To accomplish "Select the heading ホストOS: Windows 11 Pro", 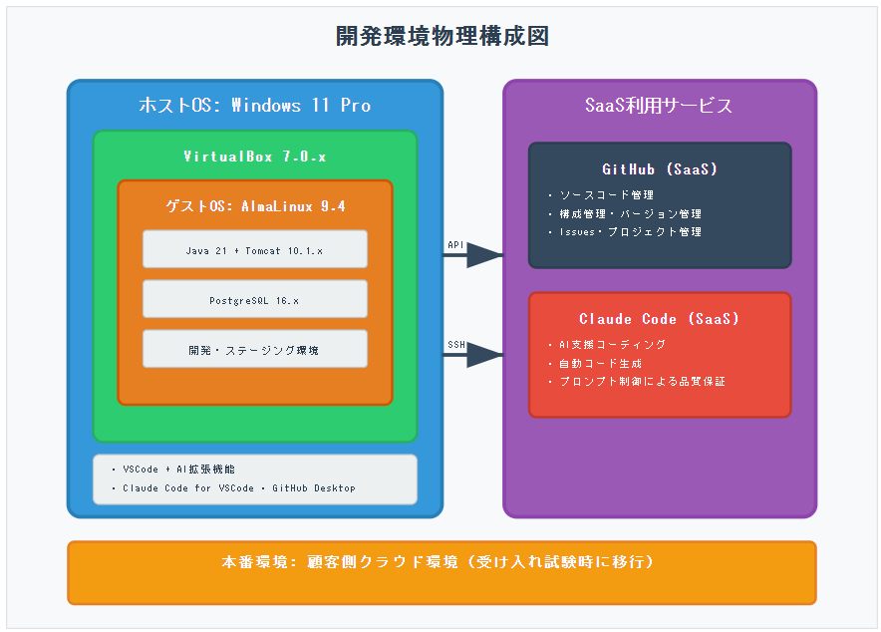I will click(x=254, y=106).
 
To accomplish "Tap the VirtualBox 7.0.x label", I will click(x=254, y=157).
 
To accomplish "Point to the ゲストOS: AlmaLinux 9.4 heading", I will click(x=255, y=206).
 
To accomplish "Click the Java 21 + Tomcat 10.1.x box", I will click(x=255, y=249).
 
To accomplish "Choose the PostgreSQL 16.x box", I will click(x=255, y=299).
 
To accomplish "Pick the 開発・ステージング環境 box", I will click(x=255, y=350).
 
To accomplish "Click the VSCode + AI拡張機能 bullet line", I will click(x=178, y=469).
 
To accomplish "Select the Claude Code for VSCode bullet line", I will click(x=238, y=488).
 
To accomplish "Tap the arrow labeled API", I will click(x=472, y=255).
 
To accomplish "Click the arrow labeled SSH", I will click(x=472, y=354).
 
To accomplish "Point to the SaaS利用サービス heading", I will click(x=659, y=106).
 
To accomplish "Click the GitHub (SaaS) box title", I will click(x=659, y=169).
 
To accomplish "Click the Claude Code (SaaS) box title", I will click(x=659, y=319).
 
